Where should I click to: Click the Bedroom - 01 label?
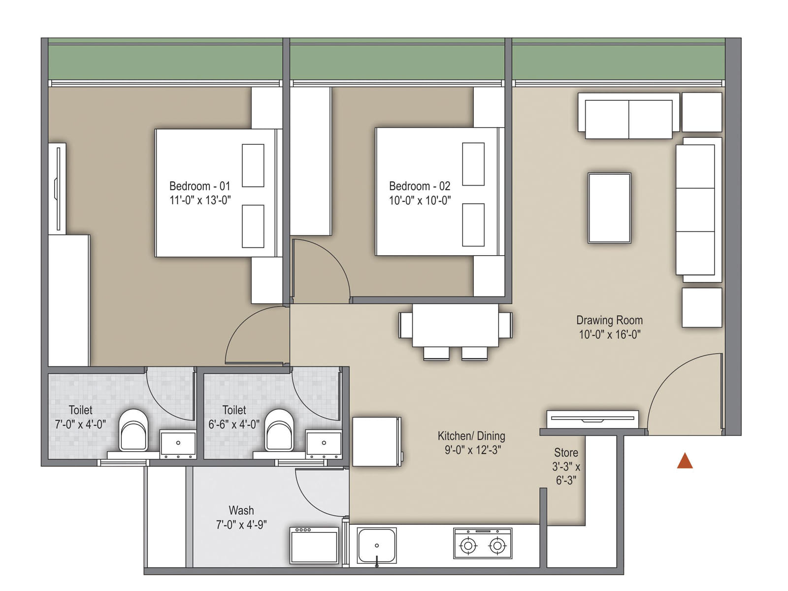199,186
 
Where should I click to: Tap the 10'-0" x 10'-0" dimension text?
420,200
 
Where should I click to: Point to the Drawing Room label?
609,320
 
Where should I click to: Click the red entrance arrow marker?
685,461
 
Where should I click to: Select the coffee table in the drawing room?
609,208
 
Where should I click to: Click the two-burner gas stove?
483,543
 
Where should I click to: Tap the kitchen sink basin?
377,545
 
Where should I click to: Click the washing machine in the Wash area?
314,546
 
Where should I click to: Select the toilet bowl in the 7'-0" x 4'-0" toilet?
133,430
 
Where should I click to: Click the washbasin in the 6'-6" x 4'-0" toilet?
324,443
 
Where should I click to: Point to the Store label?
566,453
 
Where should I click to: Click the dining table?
455,325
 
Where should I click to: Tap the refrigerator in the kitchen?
376,441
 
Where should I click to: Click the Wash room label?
241,510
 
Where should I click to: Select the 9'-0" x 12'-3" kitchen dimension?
472,450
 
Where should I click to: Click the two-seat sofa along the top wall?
628,119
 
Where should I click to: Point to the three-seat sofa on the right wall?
696,209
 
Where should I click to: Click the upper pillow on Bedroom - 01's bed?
253,165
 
